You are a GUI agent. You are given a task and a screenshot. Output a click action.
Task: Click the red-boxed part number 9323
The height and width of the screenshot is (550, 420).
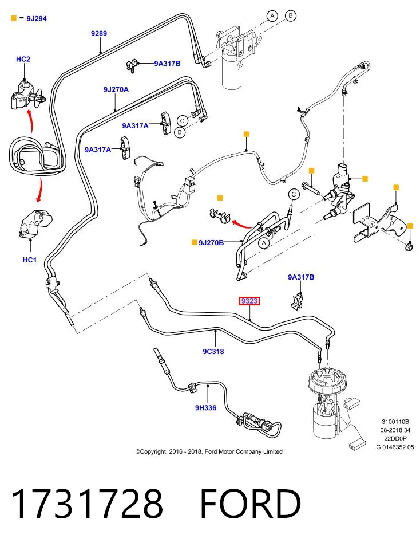[249, 301]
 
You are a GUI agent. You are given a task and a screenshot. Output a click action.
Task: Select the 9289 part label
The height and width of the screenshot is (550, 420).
[99, 33]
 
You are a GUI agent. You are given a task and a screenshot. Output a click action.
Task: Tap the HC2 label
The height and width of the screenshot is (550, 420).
[23, 59]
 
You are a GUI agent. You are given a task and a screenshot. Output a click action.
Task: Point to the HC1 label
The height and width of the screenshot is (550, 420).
[29, 260]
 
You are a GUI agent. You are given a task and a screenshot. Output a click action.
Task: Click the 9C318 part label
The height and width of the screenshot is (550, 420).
[213, 351]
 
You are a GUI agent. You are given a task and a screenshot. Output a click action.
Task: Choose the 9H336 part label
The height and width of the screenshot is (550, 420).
[205, 407]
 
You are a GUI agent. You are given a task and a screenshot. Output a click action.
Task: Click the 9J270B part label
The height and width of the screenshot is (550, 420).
[211, 242]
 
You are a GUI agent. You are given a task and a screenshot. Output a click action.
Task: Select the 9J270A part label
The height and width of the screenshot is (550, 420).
[116, 89]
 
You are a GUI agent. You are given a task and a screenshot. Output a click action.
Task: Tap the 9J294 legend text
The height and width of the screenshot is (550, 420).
[37, 18]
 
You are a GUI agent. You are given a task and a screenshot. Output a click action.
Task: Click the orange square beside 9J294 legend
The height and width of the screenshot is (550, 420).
[14, 18]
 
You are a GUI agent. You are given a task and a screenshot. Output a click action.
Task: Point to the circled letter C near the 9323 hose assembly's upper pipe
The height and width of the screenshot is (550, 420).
[294, 194]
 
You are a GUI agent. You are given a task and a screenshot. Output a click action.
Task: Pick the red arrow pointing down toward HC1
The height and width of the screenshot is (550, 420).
[40, 190]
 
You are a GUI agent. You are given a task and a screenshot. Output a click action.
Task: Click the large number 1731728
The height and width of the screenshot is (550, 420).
[87, 504]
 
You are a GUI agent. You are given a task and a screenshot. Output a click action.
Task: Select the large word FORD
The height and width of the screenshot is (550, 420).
[250, 504]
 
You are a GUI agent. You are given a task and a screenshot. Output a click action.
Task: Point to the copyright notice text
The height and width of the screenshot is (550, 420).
[209, 452]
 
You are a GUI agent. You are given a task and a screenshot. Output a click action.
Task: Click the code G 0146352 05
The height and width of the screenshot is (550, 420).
[395, 447]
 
